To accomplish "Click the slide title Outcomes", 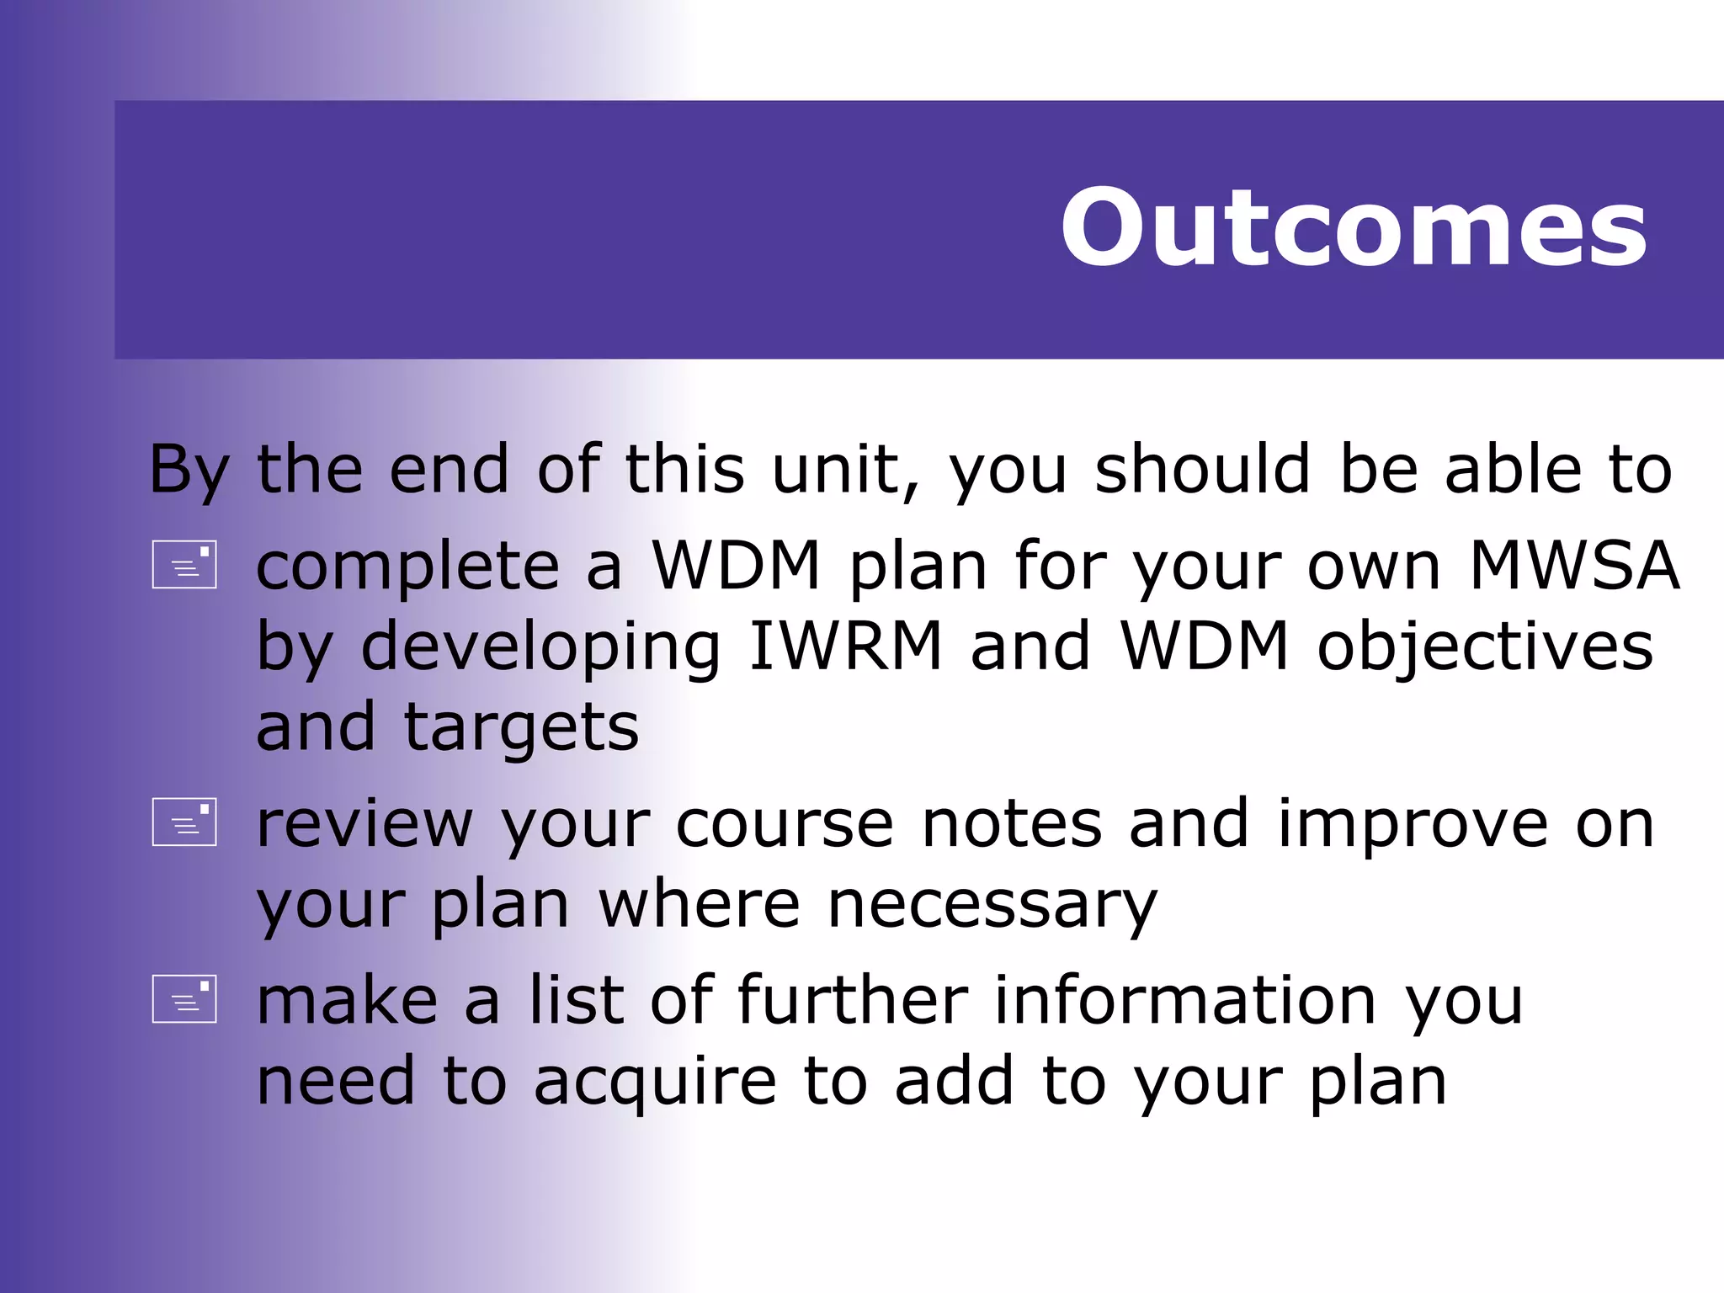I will coord(1353,228).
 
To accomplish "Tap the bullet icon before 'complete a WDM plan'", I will coord(184,564).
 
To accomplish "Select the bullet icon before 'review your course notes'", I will coord(184,822).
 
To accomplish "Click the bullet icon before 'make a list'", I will coord(184,999).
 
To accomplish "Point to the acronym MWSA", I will coord(1573,566).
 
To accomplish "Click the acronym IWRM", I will coord(845,646).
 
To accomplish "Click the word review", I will coord(364,825).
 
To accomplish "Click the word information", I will coord(1184,1001).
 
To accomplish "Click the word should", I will coord(1202,470).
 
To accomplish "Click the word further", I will coord(853,1001).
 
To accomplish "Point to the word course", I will coord(785,825).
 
